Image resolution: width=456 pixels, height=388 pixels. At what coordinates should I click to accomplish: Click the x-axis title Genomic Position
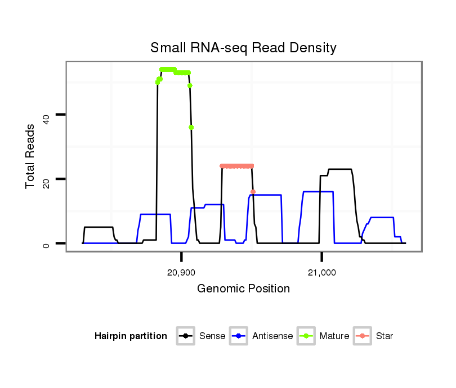pyautogui.click(x=243, y=289)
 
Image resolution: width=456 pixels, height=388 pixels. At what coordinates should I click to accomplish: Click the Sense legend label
pyautogui.click(x=212, y=336)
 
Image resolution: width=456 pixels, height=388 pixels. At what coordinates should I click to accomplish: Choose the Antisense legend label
pyautogui.click(x=272, y=336)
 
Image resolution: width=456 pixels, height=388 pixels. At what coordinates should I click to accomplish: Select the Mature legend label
pyautogui.click(x=334, y=336)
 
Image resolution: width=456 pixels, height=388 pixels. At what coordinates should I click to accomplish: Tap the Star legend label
pyautogui.click(x=385, y=336)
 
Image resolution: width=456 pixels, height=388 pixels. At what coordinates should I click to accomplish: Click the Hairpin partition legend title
pyautogui.click(x=131, y=336)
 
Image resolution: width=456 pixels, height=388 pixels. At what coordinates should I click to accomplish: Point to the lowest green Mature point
pyautogui.click(x=191, y=128)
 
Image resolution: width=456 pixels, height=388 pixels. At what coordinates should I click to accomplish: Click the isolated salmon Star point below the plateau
pyautogui.click(x=253, y=192)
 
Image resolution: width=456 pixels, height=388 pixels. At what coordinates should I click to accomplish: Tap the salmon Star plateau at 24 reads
pyautogui.click(x=236, y=166)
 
